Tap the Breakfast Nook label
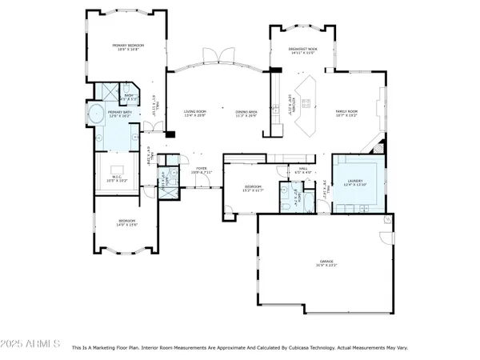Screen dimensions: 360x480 (x=303, y=49)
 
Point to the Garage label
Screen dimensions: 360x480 (x=326, y=261)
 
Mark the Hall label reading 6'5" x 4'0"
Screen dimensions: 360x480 (x=302, y=170)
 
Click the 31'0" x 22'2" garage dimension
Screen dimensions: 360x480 (x=326, y=265)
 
